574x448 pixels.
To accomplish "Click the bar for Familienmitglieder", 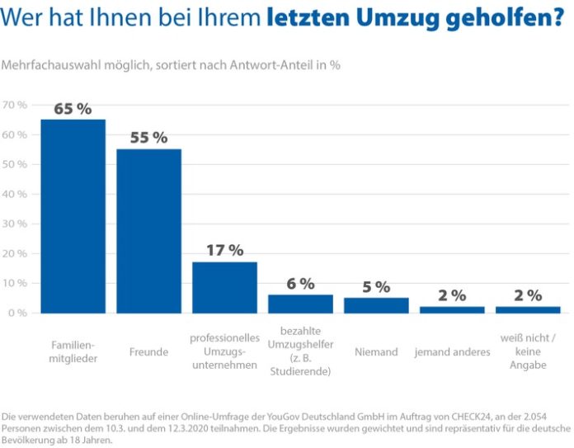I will (x=73, y=216).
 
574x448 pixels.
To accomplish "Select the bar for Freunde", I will (x=148, y=231).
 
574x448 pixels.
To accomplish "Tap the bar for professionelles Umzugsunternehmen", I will (x=224, y=287).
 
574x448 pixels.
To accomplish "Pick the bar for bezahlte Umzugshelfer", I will (x=300, y=304).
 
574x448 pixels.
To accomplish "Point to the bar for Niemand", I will (x=376, y=305).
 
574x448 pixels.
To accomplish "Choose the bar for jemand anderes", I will (x=452, y=309).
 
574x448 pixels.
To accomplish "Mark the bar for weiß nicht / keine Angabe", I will (x=528, y=309).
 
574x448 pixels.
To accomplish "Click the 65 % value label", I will (x=73, y=109).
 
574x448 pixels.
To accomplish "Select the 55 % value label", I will (x=148, y=138).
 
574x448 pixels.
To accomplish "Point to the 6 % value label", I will (x=300, y=284).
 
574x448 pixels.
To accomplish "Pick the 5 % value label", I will (x=376, y=287).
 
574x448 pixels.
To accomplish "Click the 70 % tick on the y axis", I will (x=15, y=105).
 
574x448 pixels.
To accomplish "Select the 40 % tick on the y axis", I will (x=15, y=194).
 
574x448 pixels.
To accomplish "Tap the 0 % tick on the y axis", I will (x=17, y=313).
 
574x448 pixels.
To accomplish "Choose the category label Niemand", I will (x=376, y=352).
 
